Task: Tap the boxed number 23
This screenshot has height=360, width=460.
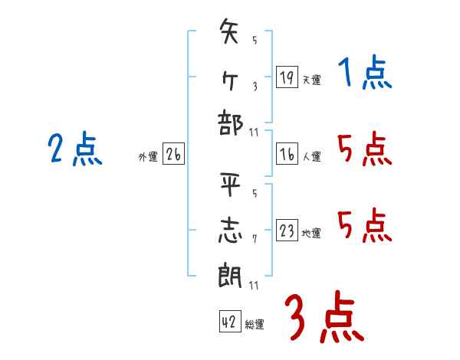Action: coord(287,231)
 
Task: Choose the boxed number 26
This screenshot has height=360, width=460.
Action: coord(173,155)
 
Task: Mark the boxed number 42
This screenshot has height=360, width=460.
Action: coord(229,322)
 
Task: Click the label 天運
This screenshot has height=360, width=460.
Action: coord(311,80)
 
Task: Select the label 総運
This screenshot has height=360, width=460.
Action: coord(255,325)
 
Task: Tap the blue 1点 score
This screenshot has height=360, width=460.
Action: coord(364,74)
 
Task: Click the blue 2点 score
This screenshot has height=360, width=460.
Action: coord(76,149)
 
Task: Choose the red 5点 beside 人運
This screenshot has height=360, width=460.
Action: coord(364,149)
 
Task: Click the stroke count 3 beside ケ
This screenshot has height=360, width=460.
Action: coord(255,86)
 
